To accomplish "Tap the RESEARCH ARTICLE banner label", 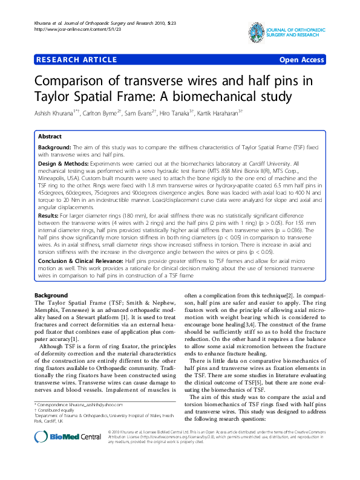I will point(76,60).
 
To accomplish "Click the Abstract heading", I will point(50,137).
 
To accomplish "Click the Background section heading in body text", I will point(51,295).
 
